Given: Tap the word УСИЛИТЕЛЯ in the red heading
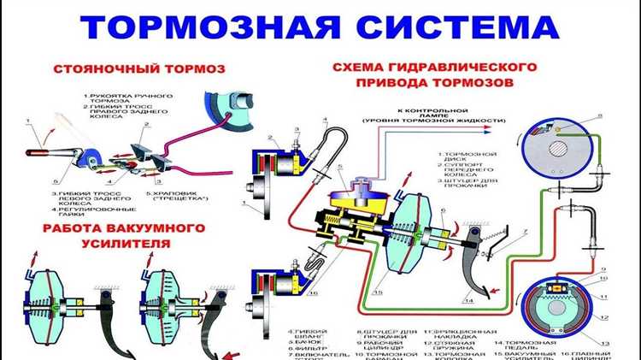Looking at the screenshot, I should (x=124, y=243).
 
